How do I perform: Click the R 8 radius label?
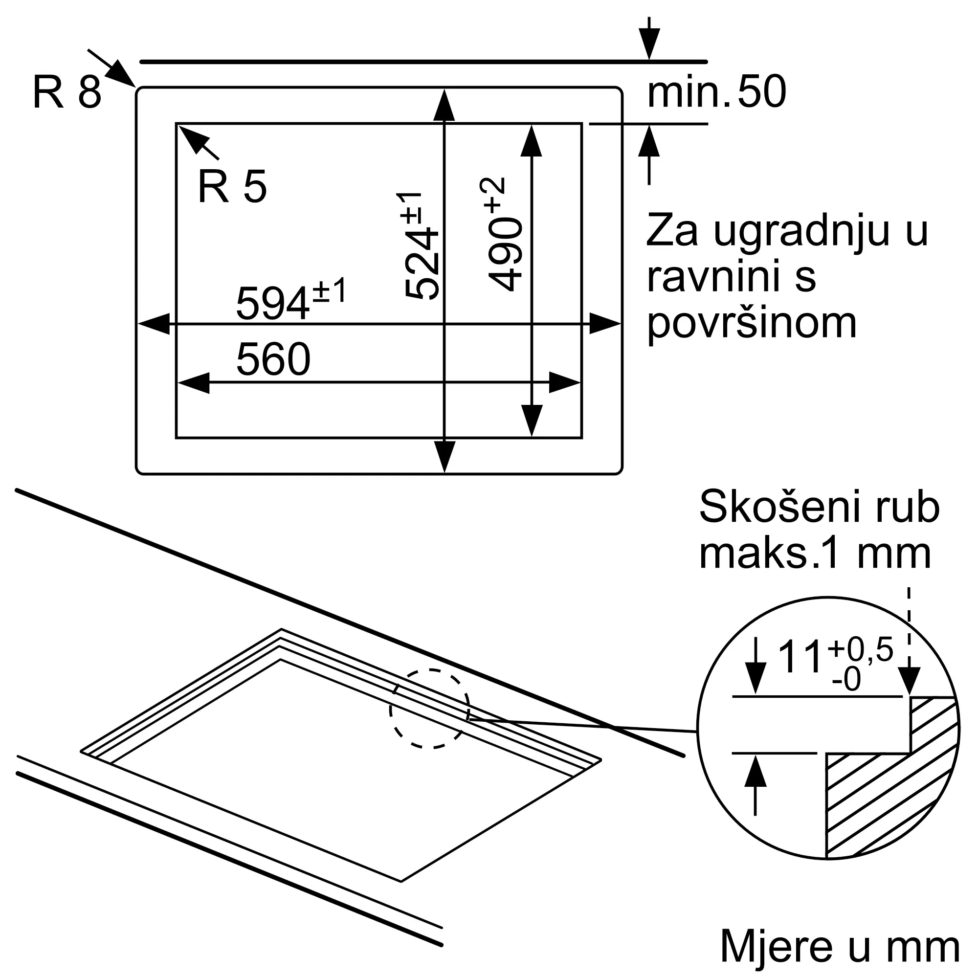pos(67,91)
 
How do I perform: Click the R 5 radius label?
pos(232,186)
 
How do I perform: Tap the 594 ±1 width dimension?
pos(291,299)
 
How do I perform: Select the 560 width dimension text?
pos(273,359)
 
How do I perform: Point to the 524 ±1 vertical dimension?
pos(420,246)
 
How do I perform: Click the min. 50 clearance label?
pos(717,91)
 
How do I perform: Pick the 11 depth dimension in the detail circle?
pos(800,658)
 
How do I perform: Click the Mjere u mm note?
pos(840,947)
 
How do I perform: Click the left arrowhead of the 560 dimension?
pos(193,383)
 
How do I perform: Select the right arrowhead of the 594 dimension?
pos(605,323)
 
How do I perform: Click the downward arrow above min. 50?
pos(649,38)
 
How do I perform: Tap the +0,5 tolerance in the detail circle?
pos(861,650)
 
